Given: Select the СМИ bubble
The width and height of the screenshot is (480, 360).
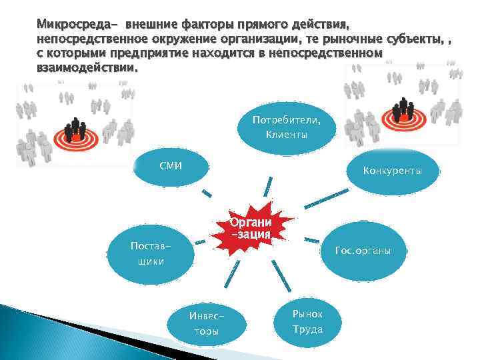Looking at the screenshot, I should (x=171, y=165).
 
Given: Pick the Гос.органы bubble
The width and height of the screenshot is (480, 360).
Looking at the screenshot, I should (x=364, y=251).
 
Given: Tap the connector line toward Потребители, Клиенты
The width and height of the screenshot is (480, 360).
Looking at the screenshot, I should (x=269, y=185).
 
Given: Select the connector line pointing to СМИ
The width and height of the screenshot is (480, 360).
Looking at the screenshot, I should (x=207, y=194).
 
